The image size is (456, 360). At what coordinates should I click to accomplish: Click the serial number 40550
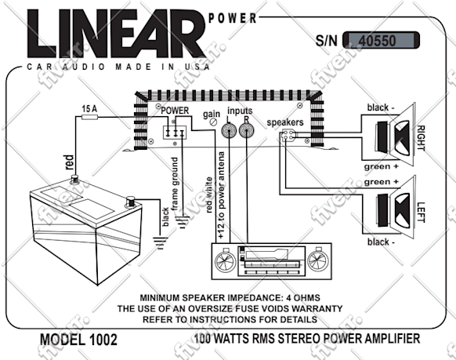click(377, 41)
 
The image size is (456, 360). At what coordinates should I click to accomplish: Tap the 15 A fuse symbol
click(89, 117)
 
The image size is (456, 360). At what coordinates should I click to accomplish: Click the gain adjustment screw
click(214, 122)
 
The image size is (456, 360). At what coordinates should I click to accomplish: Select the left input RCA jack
click(230, 131)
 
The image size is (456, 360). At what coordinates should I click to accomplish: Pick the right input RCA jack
click(247, 131)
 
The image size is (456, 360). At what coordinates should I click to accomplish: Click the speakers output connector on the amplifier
click(288, 136)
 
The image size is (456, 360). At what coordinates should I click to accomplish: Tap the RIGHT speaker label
click(421, 138)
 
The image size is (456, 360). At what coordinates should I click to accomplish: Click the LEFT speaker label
click(421, 213)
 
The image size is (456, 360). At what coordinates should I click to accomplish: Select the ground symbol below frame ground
click(182, 222)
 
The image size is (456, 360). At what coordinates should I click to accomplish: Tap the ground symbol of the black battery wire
click(161, 242)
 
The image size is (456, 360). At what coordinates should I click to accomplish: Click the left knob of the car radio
click(226, 260)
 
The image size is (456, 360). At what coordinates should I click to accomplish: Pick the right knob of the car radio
click(318, 260)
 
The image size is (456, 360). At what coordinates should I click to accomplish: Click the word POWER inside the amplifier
click(175, 111)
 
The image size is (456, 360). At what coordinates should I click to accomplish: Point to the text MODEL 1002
click(78, 340)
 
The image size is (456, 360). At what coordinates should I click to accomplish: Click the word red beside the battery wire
click(69, 162)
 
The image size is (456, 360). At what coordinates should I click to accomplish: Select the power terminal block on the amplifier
click(175, 133)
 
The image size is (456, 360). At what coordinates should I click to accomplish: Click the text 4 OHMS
click(303, 298)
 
